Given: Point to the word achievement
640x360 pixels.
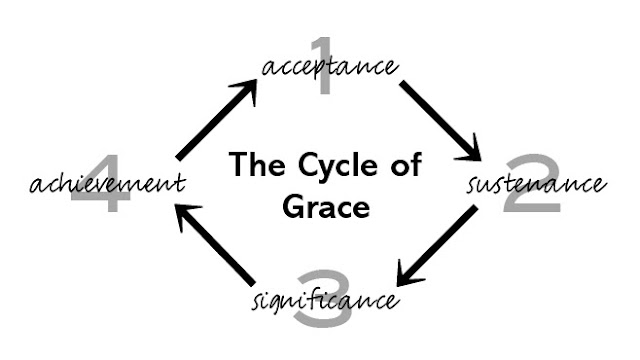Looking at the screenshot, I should coord(107,184).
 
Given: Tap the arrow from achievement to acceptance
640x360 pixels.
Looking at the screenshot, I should coord(215,122).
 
